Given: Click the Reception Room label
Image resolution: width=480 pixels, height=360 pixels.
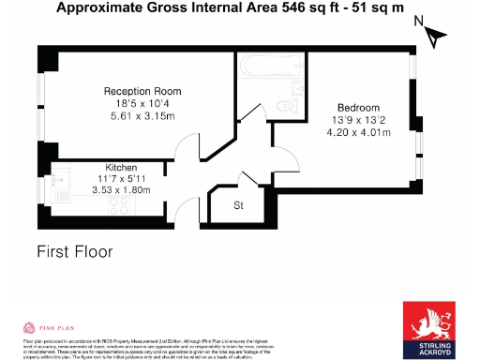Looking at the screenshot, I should click(x=142, y=91).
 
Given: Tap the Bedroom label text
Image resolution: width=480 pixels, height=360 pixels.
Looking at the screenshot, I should click(x=359, y=108).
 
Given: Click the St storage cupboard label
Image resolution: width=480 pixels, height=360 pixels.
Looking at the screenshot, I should click(x=238, y=205).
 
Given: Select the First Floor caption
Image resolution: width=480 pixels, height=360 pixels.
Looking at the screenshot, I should click(x=74, y=251).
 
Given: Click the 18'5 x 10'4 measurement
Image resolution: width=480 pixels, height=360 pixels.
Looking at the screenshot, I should click(x=142, y=103).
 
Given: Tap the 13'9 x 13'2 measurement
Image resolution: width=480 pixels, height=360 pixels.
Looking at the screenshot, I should click(x=359, y=120).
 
